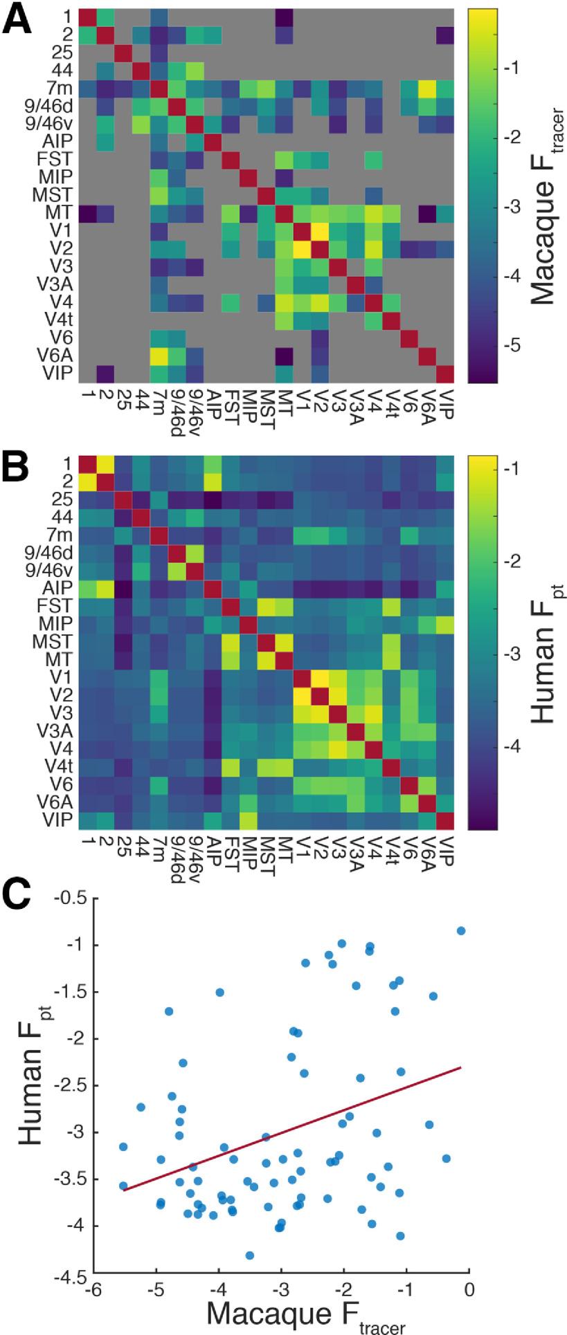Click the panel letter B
click(19, 472)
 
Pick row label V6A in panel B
click(56, 802)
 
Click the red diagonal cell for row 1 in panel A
click(87, 16)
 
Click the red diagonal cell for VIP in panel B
click(443, 820)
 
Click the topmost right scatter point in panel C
click(461, 930)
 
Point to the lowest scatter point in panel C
click(250, 1255)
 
